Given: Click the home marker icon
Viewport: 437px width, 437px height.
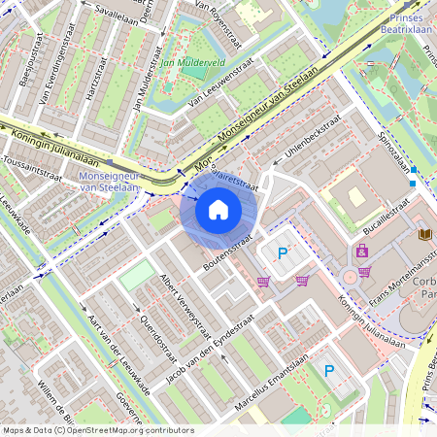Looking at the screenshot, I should (218, 210).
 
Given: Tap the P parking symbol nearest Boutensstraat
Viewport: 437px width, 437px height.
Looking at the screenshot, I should (283, 254).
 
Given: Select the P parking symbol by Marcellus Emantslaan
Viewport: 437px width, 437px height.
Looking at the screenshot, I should (328, 370).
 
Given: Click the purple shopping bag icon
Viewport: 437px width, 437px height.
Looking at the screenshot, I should (361, 251).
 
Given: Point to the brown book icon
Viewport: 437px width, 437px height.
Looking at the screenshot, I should (423, 234).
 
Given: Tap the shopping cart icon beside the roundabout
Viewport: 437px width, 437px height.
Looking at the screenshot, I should (364, 272).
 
